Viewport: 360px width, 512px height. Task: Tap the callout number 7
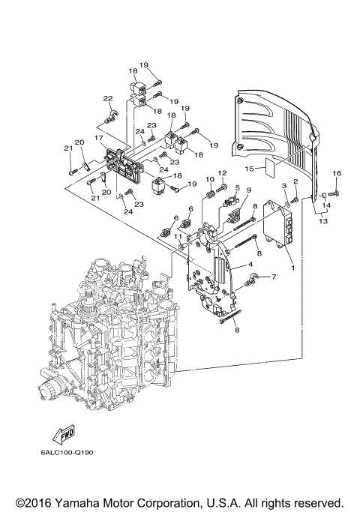pyautogui.click(x=273, y=278)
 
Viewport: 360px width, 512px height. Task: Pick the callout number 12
pyautogui.click(x=222, y=174)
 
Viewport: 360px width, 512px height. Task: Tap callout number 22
pyautogui.click(x=107, y=98)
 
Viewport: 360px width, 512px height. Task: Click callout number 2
pyautogui.click(x=295, y=181)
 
